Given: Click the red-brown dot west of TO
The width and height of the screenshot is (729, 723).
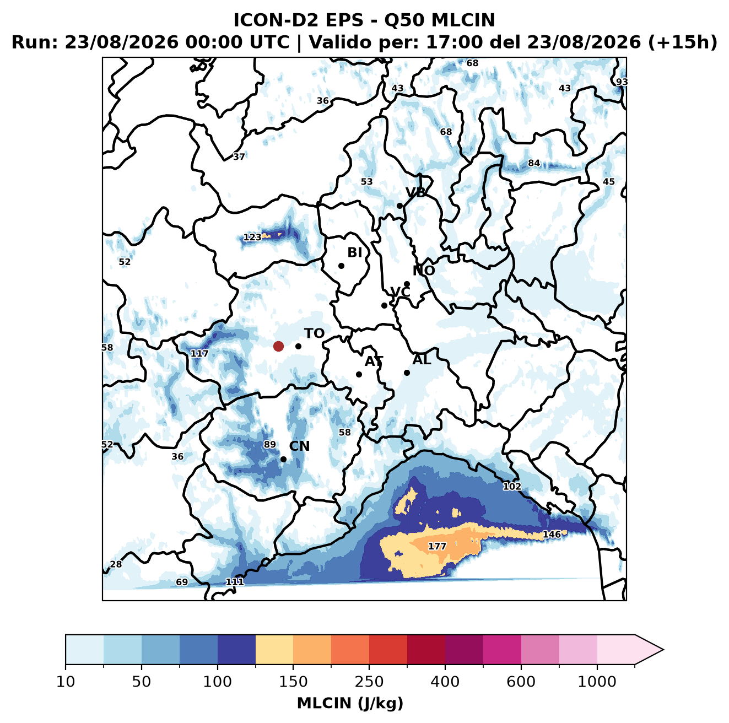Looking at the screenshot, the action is click(x=278, y=346).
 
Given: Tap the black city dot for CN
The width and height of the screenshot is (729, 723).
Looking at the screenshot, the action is click(x=283, y=459).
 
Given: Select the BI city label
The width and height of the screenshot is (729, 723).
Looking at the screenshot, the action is click(x=355, y=252).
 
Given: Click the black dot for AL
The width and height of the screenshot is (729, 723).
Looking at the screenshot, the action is click(x=407, y=373).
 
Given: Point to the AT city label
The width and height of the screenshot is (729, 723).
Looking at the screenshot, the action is click(x=374, y=361).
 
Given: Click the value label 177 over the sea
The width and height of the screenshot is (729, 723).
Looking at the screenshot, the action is click(x=437, y=546).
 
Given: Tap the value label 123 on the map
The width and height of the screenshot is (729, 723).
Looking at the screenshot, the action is click(x=252, y=237).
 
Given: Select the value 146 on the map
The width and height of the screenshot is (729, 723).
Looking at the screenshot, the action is click(x=552, y=534).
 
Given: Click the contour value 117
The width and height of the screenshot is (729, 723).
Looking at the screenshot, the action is click(x=199, y=353).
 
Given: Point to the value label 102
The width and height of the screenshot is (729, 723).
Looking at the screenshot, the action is click(x=512, y=487).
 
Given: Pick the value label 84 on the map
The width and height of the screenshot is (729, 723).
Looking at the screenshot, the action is click(x=534, y=163).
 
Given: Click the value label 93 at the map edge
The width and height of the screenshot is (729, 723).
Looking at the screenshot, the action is click(x=622, y=82).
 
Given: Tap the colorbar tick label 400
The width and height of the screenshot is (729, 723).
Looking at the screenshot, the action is click(x=445, y=682).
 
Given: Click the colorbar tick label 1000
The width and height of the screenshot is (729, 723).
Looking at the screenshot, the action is click(x=597, y=682).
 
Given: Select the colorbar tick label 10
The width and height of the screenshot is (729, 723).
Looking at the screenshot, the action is click(x=66, y=682).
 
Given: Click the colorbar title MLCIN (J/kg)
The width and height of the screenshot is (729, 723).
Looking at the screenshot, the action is click(x=350, y=703).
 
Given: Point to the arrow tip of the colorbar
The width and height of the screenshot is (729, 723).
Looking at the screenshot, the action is click(x=663, y=650).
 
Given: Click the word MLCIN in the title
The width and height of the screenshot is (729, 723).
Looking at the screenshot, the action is click(x=463, y=20).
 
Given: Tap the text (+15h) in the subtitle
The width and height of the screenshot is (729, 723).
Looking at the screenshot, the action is click(x=683, y=43).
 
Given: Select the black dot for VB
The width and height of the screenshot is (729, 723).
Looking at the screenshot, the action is click(x=399, y=206).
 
